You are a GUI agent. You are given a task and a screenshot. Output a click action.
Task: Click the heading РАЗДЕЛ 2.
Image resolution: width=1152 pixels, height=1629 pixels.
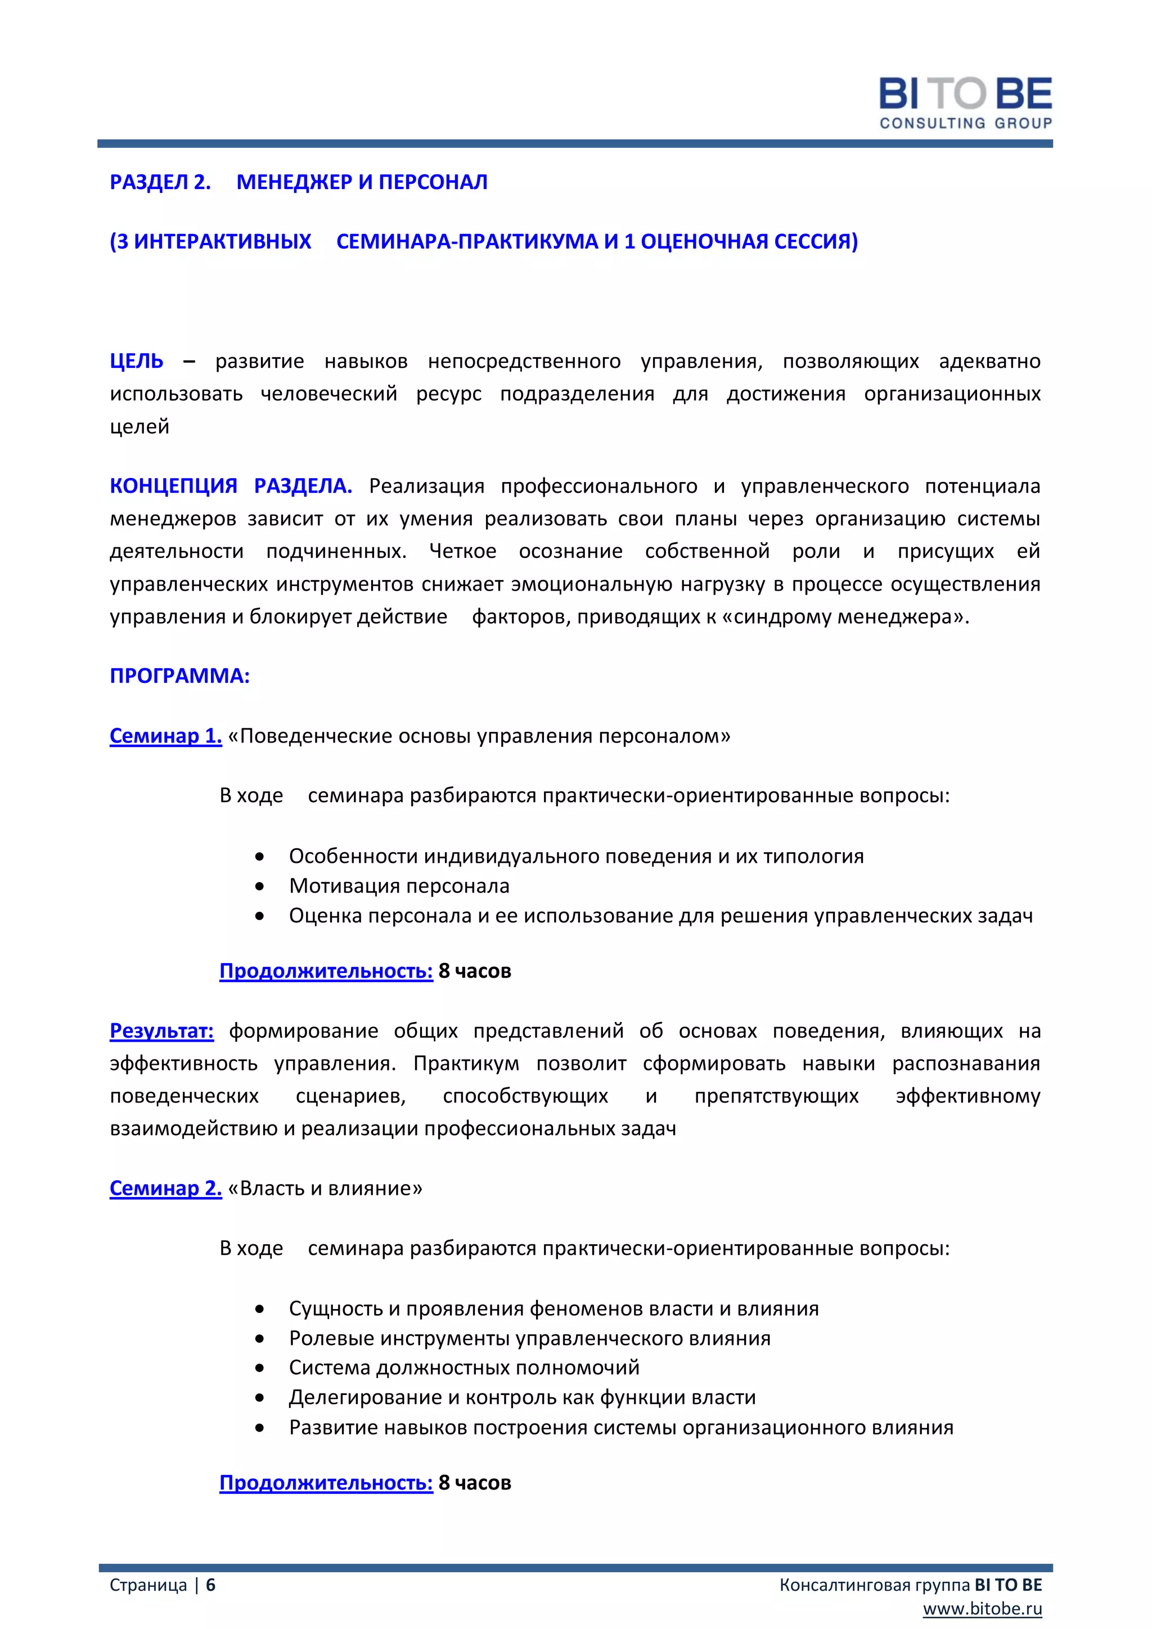[160, 182]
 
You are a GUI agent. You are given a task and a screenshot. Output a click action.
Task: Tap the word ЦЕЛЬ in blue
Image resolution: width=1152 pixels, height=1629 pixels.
[136, 361]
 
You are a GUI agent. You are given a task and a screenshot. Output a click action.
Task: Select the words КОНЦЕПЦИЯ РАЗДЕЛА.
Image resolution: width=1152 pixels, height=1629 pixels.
[231, 486]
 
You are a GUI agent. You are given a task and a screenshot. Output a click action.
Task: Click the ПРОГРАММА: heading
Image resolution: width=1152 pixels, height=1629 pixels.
[179, 676]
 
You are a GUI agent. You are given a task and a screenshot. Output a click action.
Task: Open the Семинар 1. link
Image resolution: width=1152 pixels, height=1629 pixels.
[165, 736]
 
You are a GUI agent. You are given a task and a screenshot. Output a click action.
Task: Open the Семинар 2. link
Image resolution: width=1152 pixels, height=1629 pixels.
[165, 1189]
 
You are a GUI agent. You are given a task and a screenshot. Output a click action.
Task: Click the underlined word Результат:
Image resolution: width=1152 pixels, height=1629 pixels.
[162, 1031]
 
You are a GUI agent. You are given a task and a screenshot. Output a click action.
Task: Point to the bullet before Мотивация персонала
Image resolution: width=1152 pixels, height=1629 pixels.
[260, 886]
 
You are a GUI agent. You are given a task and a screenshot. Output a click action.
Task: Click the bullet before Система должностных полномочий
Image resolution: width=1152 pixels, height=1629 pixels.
[260, 1367]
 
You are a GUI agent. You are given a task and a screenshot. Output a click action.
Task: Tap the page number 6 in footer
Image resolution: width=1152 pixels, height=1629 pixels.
[211, 1585]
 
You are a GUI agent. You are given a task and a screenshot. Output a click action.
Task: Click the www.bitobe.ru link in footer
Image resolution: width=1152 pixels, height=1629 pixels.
[982, 1608]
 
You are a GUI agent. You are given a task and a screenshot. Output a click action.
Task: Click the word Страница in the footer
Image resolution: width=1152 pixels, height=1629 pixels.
[148, 1585]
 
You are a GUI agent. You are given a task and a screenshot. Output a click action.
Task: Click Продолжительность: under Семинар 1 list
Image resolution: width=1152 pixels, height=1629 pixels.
[326, 970]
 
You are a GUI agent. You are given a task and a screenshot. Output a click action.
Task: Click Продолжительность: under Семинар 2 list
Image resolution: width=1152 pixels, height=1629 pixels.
[326, 1483]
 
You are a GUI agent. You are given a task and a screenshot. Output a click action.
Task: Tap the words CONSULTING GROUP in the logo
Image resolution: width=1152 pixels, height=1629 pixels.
[965, 123]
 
